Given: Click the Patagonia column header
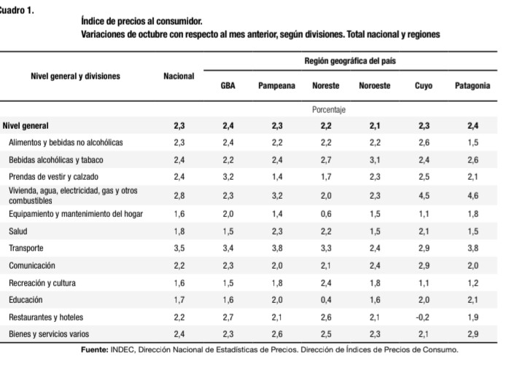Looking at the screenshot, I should coord(472,86).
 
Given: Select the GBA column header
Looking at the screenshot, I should coord(227,86).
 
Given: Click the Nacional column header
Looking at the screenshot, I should coord(179,76).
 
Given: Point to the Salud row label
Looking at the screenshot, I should coord(19,231).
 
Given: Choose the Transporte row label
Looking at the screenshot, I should coord(26,248).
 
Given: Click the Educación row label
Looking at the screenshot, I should coord(26,299).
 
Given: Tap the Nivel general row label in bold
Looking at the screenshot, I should coord(26,125).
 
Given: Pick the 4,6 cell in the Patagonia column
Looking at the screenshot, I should coord(472,195).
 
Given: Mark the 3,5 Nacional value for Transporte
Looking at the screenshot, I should coord(179,248).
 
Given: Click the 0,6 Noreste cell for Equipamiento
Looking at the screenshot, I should coord(325,213).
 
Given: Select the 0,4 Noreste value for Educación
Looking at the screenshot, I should coord(325,299).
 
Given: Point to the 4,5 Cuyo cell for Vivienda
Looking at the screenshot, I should coord(424,195).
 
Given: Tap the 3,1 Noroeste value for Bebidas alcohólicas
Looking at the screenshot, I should coord(375,159).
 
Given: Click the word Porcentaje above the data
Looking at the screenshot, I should coord(328,110).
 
